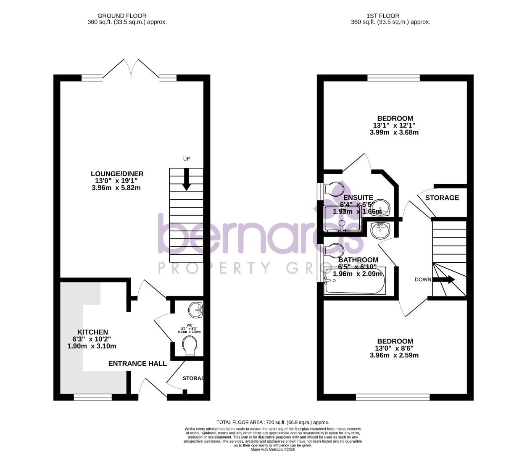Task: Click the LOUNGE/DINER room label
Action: point(117,174)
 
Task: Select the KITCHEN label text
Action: point(92,332)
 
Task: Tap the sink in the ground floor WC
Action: point(196,310)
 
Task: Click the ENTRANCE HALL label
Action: point(137,364)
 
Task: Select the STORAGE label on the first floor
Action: point(442,198)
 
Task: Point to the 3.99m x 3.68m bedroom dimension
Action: point(394,132)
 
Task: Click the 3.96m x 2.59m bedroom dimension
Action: point(394,355)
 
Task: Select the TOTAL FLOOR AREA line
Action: point(273,422)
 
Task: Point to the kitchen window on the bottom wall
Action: point(93,397)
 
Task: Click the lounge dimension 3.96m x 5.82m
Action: point(116,188)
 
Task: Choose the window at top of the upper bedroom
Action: point(393,78)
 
